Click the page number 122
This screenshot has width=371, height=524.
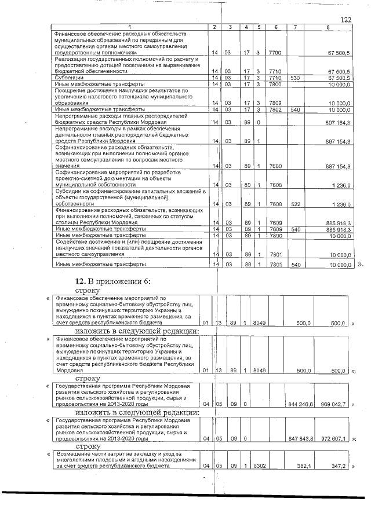[346, 20]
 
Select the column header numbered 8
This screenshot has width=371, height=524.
[328, 28]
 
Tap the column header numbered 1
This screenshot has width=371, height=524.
[130, 28]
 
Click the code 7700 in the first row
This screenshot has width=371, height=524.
[275, 53]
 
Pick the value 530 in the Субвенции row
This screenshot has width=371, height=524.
[295, 78]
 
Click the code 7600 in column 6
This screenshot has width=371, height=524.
[275, 166]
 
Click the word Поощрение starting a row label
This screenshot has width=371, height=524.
[72, 91]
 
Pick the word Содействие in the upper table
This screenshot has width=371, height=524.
[72, 241]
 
